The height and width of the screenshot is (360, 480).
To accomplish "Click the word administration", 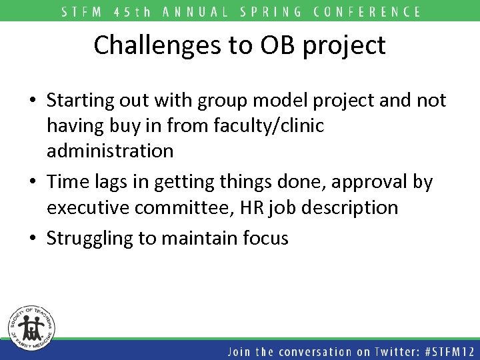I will [110, 151].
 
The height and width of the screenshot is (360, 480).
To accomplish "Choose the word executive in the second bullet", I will [89, 208].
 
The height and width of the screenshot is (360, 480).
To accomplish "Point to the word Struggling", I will [91, 239].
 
